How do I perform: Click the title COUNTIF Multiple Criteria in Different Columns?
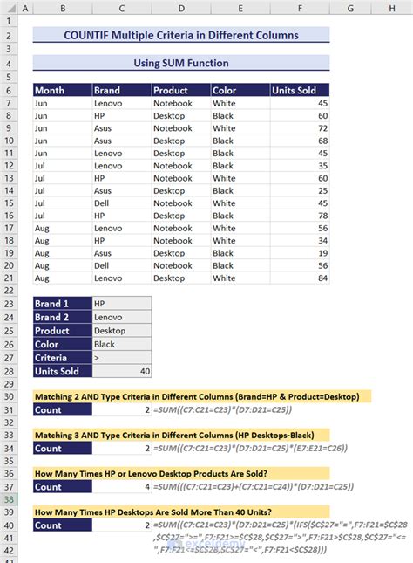pyautogui.click(x=180, y=35)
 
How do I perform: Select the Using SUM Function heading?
pyautogui.click(x=180, y=63)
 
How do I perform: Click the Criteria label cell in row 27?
pyautogui.click(x=61, y=358)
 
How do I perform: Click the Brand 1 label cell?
pyautogui.click(x=61, y=304)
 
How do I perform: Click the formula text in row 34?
pyautogui.click(x=249, y=449)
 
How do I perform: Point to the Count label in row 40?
pyautogui.click(x=61, y=525)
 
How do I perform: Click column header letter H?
pyautogui.click(x=391, y=9)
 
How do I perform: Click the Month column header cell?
pyautogui.click(x=61, y=90)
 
